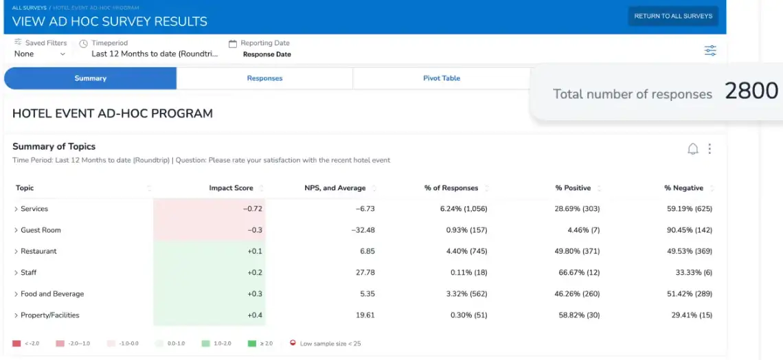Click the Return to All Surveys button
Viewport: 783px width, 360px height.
tap(672, 16)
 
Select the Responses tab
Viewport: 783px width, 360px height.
tap(264, 78)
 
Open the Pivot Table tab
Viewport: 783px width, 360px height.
tap(441, 78)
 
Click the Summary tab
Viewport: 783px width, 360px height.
tap(90, 78)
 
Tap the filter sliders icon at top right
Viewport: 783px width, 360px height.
tap(710, 50)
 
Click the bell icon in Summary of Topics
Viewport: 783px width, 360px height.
tap(693, 149)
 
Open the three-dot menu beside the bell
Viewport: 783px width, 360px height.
tap(710, 149)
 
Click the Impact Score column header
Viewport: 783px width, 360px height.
tap(231, 188)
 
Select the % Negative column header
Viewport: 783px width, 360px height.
tap(683, 188)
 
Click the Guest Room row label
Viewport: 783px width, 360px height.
tap(41, 230)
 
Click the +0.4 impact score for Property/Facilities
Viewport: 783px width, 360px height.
tap(254, 315)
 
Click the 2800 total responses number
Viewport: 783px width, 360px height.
tap(751, 91)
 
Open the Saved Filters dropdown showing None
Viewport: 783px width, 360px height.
tap(40, 54)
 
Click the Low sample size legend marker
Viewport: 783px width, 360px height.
tap(293, 343)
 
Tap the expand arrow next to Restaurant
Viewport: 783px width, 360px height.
tap(16, 251)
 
